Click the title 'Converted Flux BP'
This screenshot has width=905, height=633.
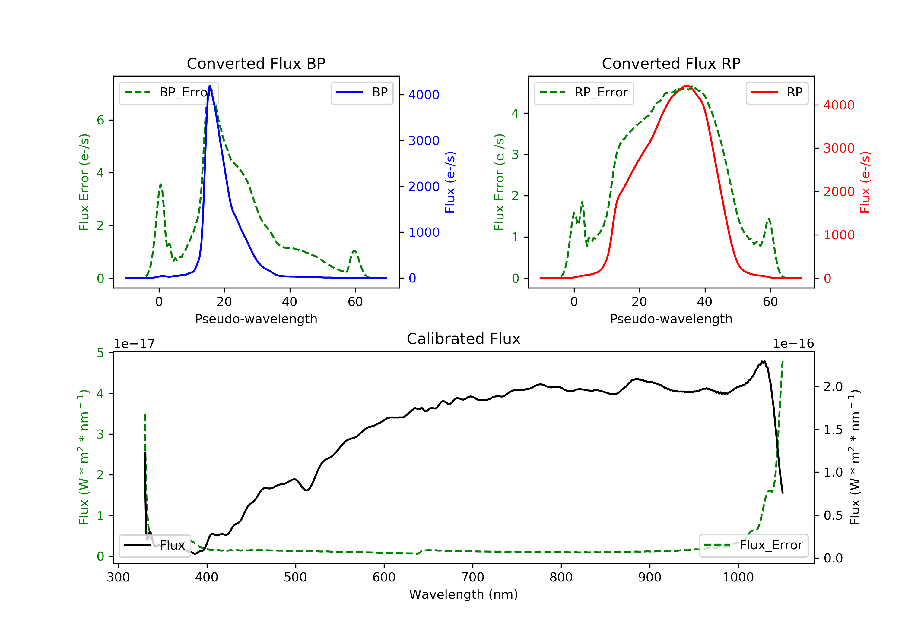(x=256, y=63)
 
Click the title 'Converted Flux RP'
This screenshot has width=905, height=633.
(x=671, y=63)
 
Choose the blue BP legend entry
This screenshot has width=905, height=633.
(x=362, y=93)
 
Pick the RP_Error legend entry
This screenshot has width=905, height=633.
(x=584, y=93)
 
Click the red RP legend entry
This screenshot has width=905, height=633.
(x=777, y=93)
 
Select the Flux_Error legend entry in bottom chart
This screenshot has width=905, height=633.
(x=753, y=545)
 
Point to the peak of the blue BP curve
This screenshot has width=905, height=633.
(x=210, y=86)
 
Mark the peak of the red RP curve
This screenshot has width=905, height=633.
(x=687, y=86)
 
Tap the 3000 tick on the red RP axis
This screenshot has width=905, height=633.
(x=839, y=149)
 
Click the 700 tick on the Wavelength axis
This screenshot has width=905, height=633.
(x=473, y=578)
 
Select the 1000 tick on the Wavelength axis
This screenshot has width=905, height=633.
(x=738, y=578)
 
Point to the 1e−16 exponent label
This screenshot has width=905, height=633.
(x=793, y=344)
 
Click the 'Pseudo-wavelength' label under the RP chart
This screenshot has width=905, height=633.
(x=671, y=319)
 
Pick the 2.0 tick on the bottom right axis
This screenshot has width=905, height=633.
(x=833, y=387)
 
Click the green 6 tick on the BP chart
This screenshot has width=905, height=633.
(x=101, y=120)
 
